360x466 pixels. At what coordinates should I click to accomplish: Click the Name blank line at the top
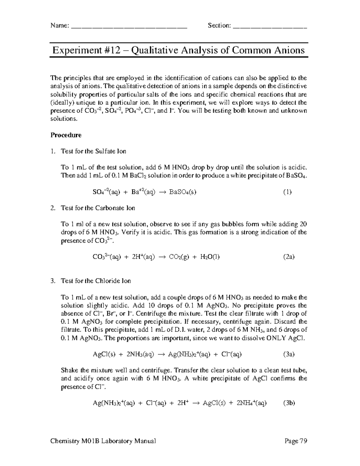tap(129, 26)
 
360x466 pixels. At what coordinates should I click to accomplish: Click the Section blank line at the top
tap(270, 26)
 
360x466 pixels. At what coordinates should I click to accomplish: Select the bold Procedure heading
tap(66, 135)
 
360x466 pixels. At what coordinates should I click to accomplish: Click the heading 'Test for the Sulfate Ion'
tap(93, 151)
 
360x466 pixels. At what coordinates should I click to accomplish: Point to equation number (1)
tap(287, 192)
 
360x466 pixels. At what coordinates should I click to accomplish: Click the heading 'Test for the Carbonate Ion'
tap(98, 208)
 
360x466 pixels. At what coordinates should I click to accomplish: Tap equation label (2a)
tap(289, 257)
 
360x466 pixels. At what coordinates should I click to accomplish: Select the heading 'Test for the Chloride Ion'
tap(96, 281)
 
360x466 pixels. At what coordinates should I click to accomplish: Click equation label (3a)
tap(289, 354)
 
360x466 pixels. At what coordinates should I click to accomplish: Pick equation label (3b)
tap(289, 403)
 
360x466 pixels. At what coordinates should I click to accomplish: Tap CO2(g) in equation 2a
tap(179, 257)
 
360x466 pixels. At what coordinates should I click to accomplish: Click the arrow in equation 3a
tap(161, 354)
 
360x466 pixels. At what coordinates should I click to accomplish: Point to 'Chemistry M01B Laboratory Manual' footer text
tap(103, 441)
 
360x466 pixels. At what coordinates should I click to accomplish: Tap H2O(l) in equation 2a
tap(210, 257)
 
